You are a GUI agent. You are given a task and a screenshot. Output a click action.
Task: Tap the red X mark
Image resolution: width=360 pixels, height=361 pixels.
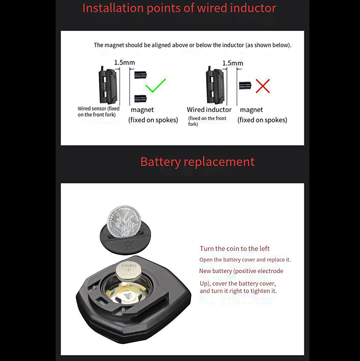pyautogui.click(x=263, y=86)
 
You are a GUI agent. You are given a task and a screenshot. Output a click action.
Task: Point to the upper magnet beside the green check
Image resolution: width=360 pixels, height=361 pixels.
pyautogui.click(x=140, y=75)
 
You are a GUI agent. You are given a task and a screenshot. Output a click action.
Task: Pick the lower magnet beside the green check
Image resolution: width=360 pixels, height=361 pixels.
pyautogui.click(x=140, y=99)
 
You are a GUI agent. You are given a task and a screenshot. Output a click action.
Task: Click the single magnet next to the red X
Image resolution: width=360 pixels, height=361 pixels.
pyautogui.click(x=245, y=86)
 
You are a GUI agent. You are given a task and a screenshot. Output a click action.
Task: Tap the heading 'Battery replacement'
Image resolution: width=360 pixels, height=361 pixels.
pyautogui.click(x=197, y=162)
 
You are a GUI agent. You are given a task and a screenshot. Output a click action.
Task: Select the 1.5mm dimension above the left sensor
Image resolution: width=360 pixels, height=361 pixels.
pyautogui.click(x=125, y=63)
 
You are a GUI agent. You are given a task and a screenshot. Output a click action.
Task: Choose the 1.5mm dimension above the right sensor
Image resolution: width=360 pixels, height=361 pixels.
pyautogui.click(x=233, y=63)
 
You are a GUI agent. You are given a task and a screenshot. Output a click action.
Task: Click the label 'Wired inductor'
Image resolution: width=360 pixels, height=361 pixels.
pyautogui.click(x=209, y=109)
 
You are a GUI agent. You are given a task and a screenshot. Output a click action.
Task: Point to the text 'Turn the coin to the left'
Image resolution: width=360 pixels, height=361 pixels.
pyautogui.click(x=234, y=248)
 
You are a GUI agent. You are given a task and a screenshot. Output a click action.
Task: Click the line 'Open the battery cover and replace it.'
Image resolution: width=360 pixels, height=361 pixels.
pyautogui.click(x=245, y=260)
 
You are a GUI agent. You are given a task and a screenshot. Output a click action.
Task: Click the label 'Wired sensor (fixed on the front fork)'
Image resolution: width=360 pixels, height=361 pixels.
pyautogui.click(x=99, y=112)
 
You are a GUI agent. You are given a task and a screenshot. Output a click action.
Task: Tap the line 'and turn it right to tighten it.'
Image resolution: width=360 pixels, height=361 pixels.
pyautogui.click(x=238, y=291)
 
